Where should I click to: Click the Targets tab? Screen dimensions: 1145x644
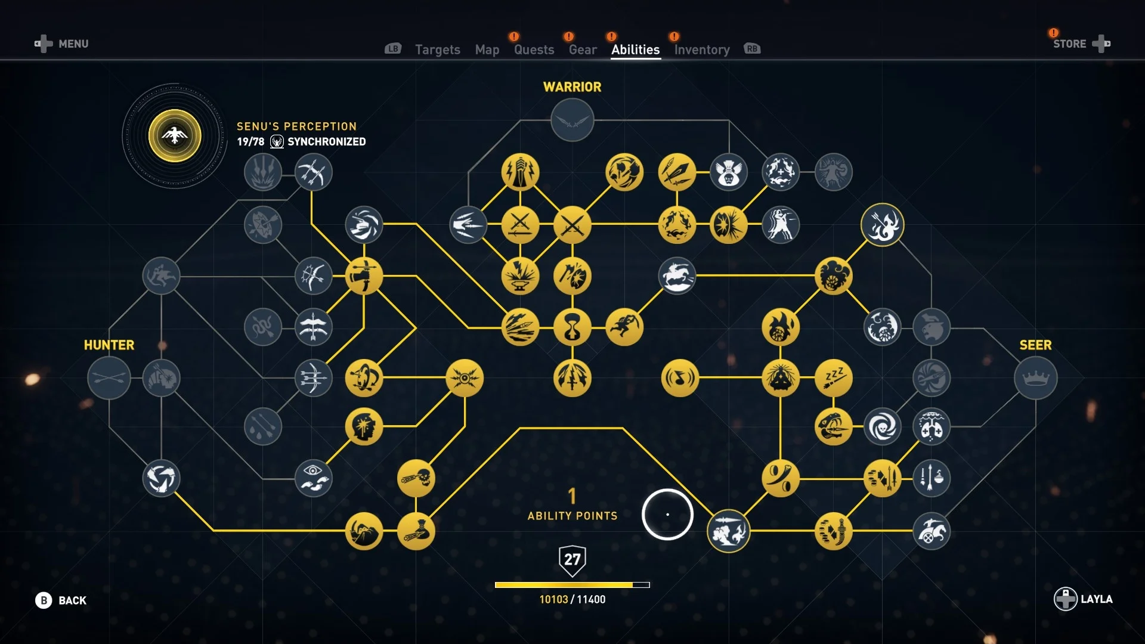[x=437, y=49]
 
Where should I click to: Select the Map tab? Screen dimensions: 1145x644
[x=487, y=49]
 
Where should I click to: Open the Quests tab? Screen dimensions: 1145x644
[x=534, y=49]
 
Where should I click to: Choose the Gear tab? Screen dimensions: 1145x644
[x=582, y=49]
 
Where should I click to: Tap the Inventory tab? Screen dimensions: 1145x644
[x=701, y=49]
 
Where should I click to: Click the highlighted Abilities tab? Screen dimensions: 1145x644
[x=635, y=49]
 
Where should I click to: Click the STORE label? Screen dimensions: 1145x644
[x=1069, y=44]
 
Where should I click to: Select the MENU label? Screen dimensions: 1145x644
[x=73, y=44]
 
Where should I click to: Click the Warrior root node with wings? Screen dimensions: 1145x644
[x=572, y=120]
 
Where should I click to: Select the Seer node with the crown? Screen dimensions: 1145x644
[x=1035, y=378]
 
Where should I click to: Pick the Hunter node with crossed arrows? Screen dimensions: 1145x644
[x=109, y=378]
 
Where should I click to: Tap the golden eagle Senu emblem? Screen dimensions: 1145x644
[x=175, y=136]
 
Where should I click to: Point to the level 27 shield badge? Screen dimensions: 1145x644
[x=572, y=560]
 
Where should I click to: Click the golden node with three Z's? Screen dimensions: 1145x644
[x=833, y=378]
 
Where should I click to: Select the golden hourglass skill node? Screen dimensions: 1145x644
[x=572, y=327]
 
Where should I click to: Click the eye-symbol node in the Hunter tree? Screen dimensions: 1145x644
[x=313, y=478]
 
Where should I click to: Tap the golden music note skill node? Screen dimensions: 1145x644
[x=679, y=378]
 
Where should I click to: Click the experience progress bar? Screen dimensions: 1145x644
[x=572, y=585]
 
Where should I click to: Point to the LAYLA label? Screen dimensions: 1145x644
[x=1096, y=599]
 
